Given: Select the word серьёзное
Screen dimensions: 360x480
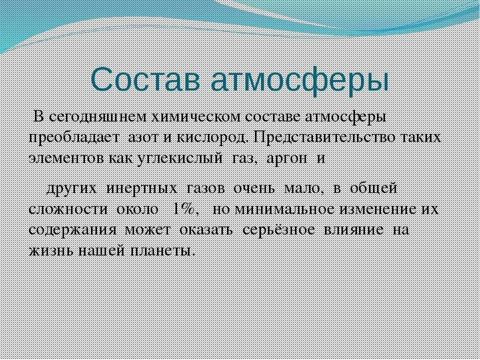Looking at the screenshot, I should click(x=278, y=230).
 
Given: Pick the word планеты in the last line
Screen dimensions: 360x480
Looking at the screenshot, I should click(x=164, y=250).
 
